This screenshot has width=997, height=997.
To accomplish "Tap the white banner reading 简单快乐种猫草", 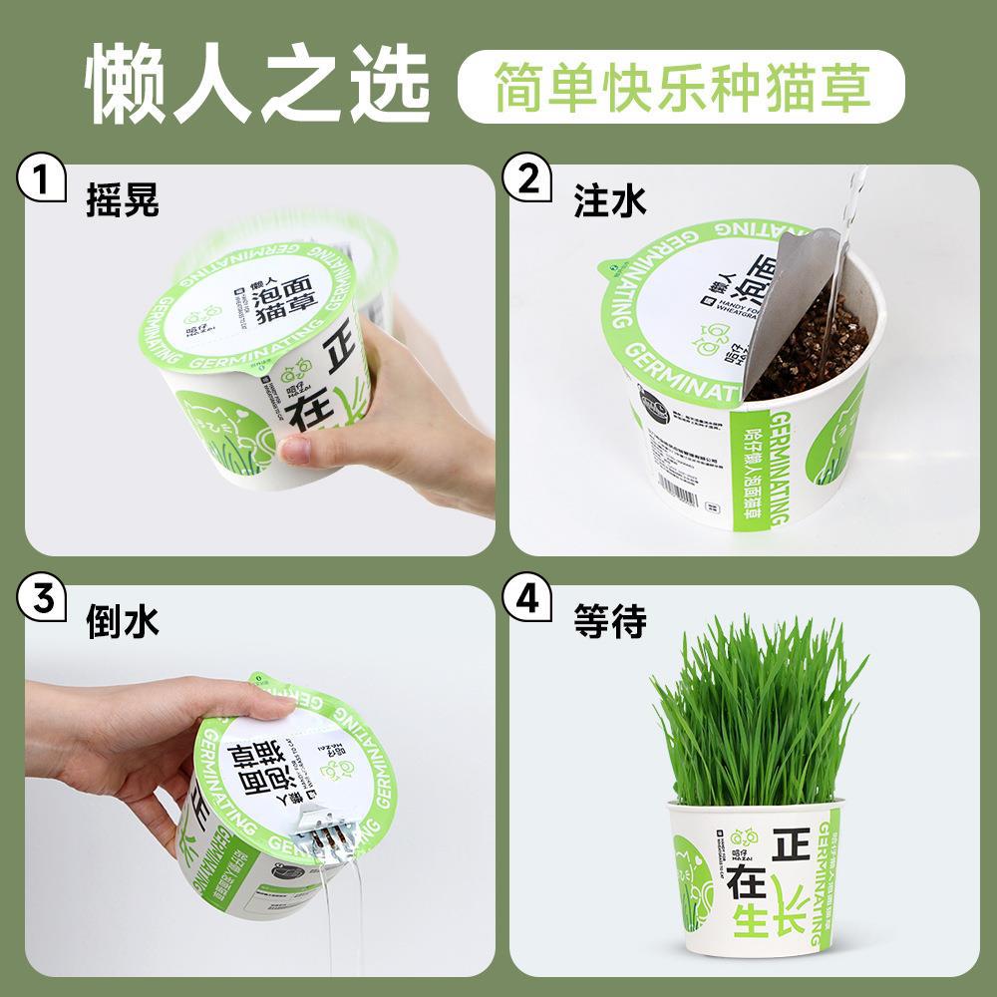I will pyautogui.click(x=681, y=87).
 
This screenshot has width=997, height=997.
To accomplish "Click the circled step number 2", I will pyautogui.click(x=528, y=181).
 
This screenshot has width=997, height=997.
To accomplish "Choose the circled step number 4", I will pyautogui.click(x=528, y=601).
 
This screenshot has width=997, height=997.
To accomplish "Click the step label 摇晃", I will pyautogui.click(x=123, y=202).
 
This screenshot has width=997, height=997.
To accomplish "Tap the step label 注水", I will pyautogui.click(x=609, y=202).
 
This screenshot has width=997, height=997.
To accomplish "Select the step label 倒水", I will pyautogui.click(x=123, y=622).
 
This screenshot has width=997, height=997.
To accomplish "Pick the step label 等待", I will pyautogui.click(x=609, y=622).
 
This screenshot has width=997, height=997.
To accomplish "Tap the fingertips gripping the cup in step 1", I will pyautogui.click(x=299, y=449).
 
